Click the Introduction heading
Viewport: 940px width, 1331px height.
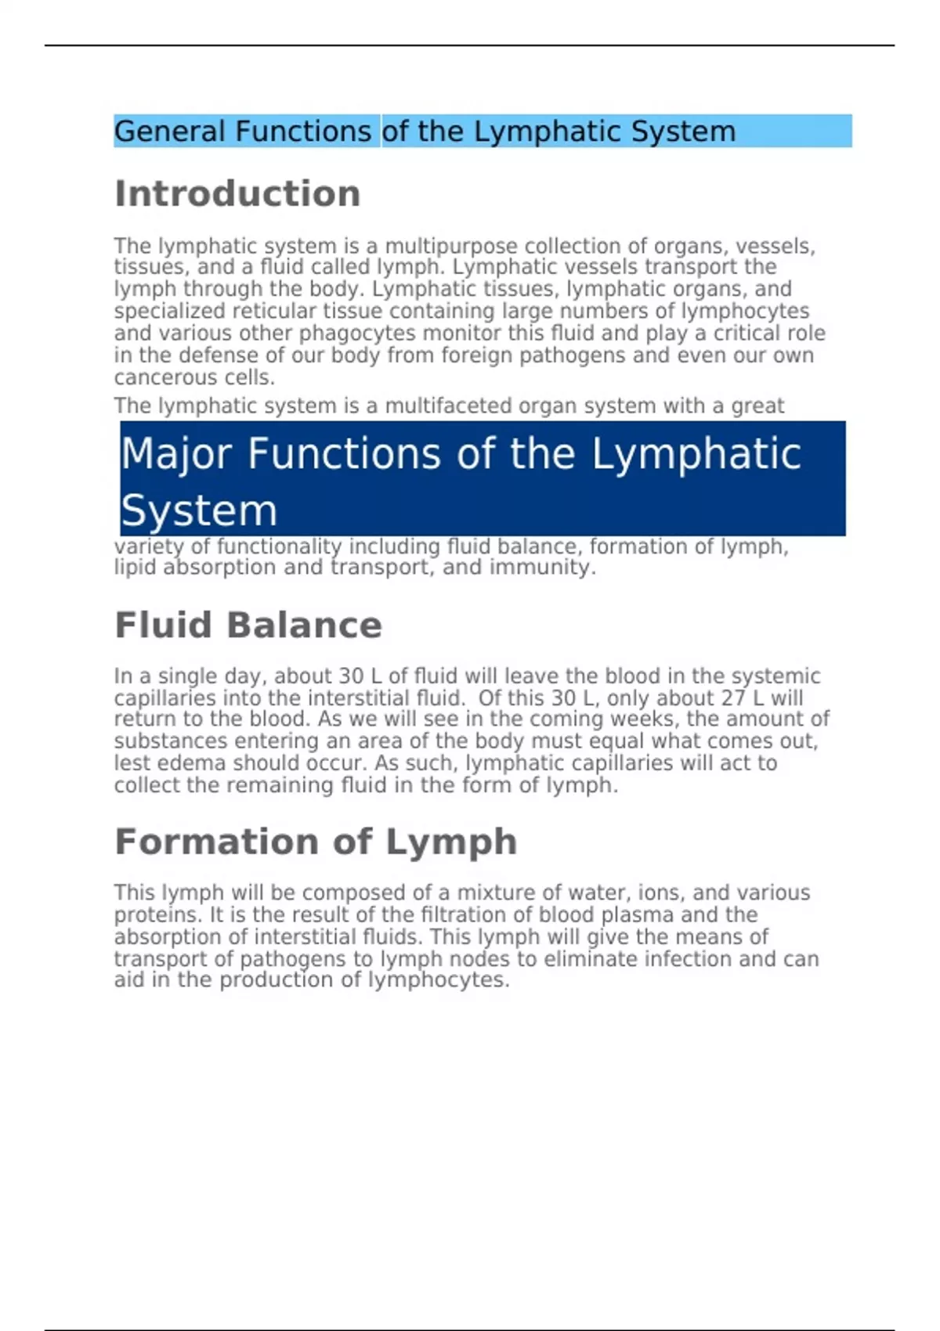click(237, 194)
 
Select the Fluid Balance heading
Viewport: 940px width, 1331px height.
click(248, 626)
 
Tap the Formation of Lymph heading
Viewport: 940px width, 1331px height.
click(316, 842)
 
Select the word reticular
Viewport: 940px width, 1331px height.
click(274, 312)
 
